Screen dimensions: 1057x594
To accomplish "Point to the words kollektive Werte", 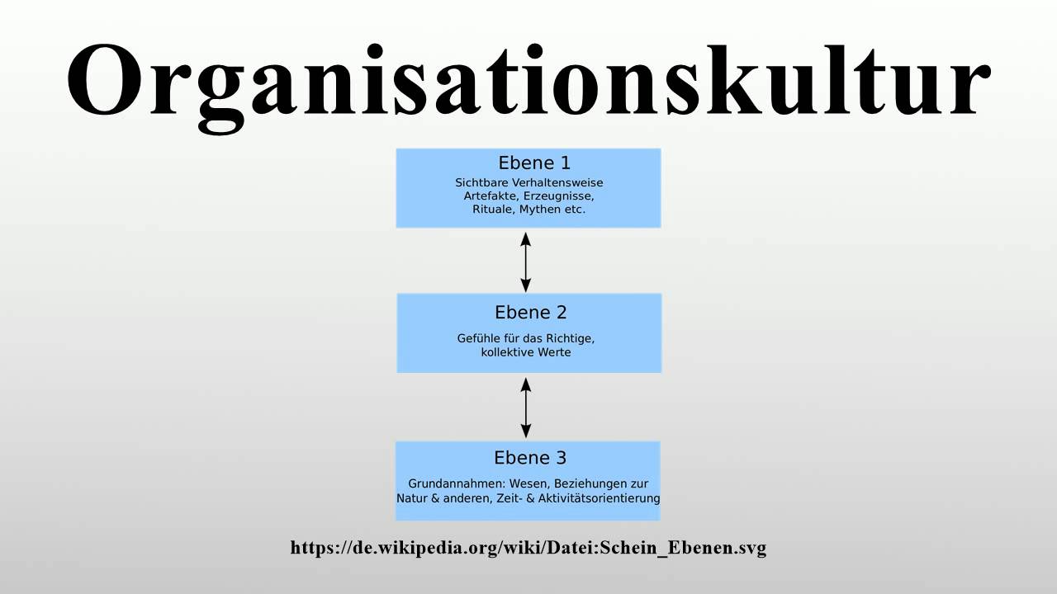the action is pos(526,352).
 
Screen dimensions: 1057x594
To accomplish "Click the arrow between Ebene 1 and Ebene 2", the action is pos(526,262).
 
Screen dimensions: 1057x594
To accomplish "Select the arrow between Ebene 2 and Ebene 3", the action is pos(526,407).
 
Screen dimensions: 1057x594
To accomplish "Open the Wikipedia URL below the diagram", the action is pos(528,548).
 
